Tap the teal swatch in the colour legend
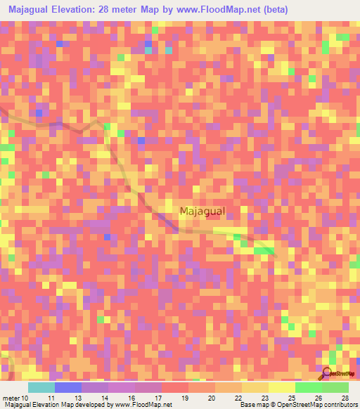(41, 387)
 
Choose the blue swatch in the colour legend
(68, 387)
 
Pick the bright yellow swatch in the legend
(281, 387)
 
